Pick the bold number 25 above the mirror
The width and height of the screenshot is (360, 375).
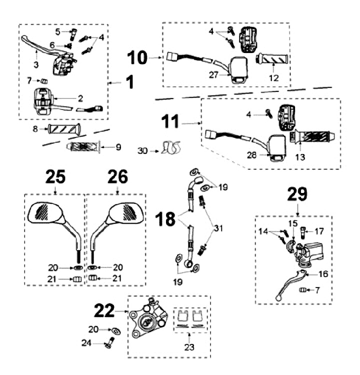(54, 177)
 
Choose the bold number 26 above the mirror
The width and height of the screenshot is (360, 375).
(117, 177)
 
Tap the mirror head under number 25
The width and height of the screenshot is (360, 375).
(48, 212)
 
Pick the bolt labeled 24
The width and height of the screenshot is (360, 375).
(109, 344)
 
